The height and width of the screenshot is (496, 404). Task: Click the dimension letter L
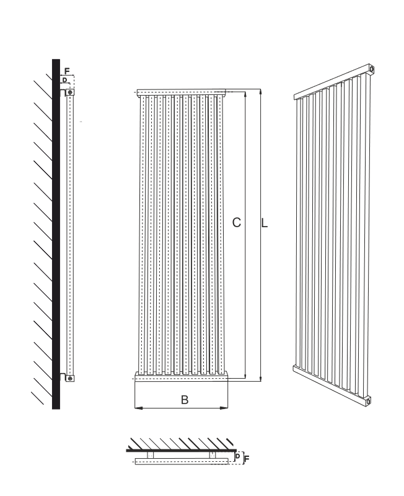(265, 223)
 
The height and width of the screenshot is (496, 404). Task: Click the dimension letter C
(237, 223)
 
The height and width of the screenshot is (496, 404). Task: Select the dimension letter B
(185, 400)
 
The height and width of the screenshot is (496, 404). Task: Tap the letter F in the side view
(66, 71)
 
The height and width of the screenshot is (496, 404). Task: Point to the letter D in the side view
(64, 80)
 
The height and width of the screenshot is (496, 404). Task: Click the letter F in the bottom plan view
(247, 458)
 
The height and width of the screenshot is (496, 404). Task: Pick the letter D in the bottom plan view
(238, 456)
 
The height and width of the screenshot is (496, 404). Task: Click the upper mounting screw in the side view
(70, 92)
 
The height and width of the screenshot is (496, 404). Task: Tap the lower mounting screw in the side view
(70, 378)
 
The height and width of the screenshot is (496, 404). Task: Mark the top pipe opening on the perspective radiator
(372, 69)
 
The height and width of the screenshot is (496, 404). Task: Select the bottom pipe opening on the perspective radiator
(368, 402)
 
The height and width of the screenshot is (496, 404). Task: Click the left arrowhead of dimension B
(138, 408)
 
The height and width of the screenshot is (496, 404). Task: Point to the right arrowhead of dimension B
(225, 408)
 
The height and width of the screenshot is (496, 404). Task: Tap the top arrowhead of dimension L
(260, 92)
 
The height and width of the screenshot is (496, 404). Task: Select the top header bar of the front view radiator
(182, 92)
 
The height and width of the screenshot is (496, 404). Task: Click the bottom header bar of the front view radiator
(181, 376)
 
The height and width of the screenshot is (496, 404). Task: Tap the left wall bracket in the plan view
(151, 455)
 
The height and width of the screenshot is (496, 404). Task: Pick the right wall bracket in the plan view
(213, 455)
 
